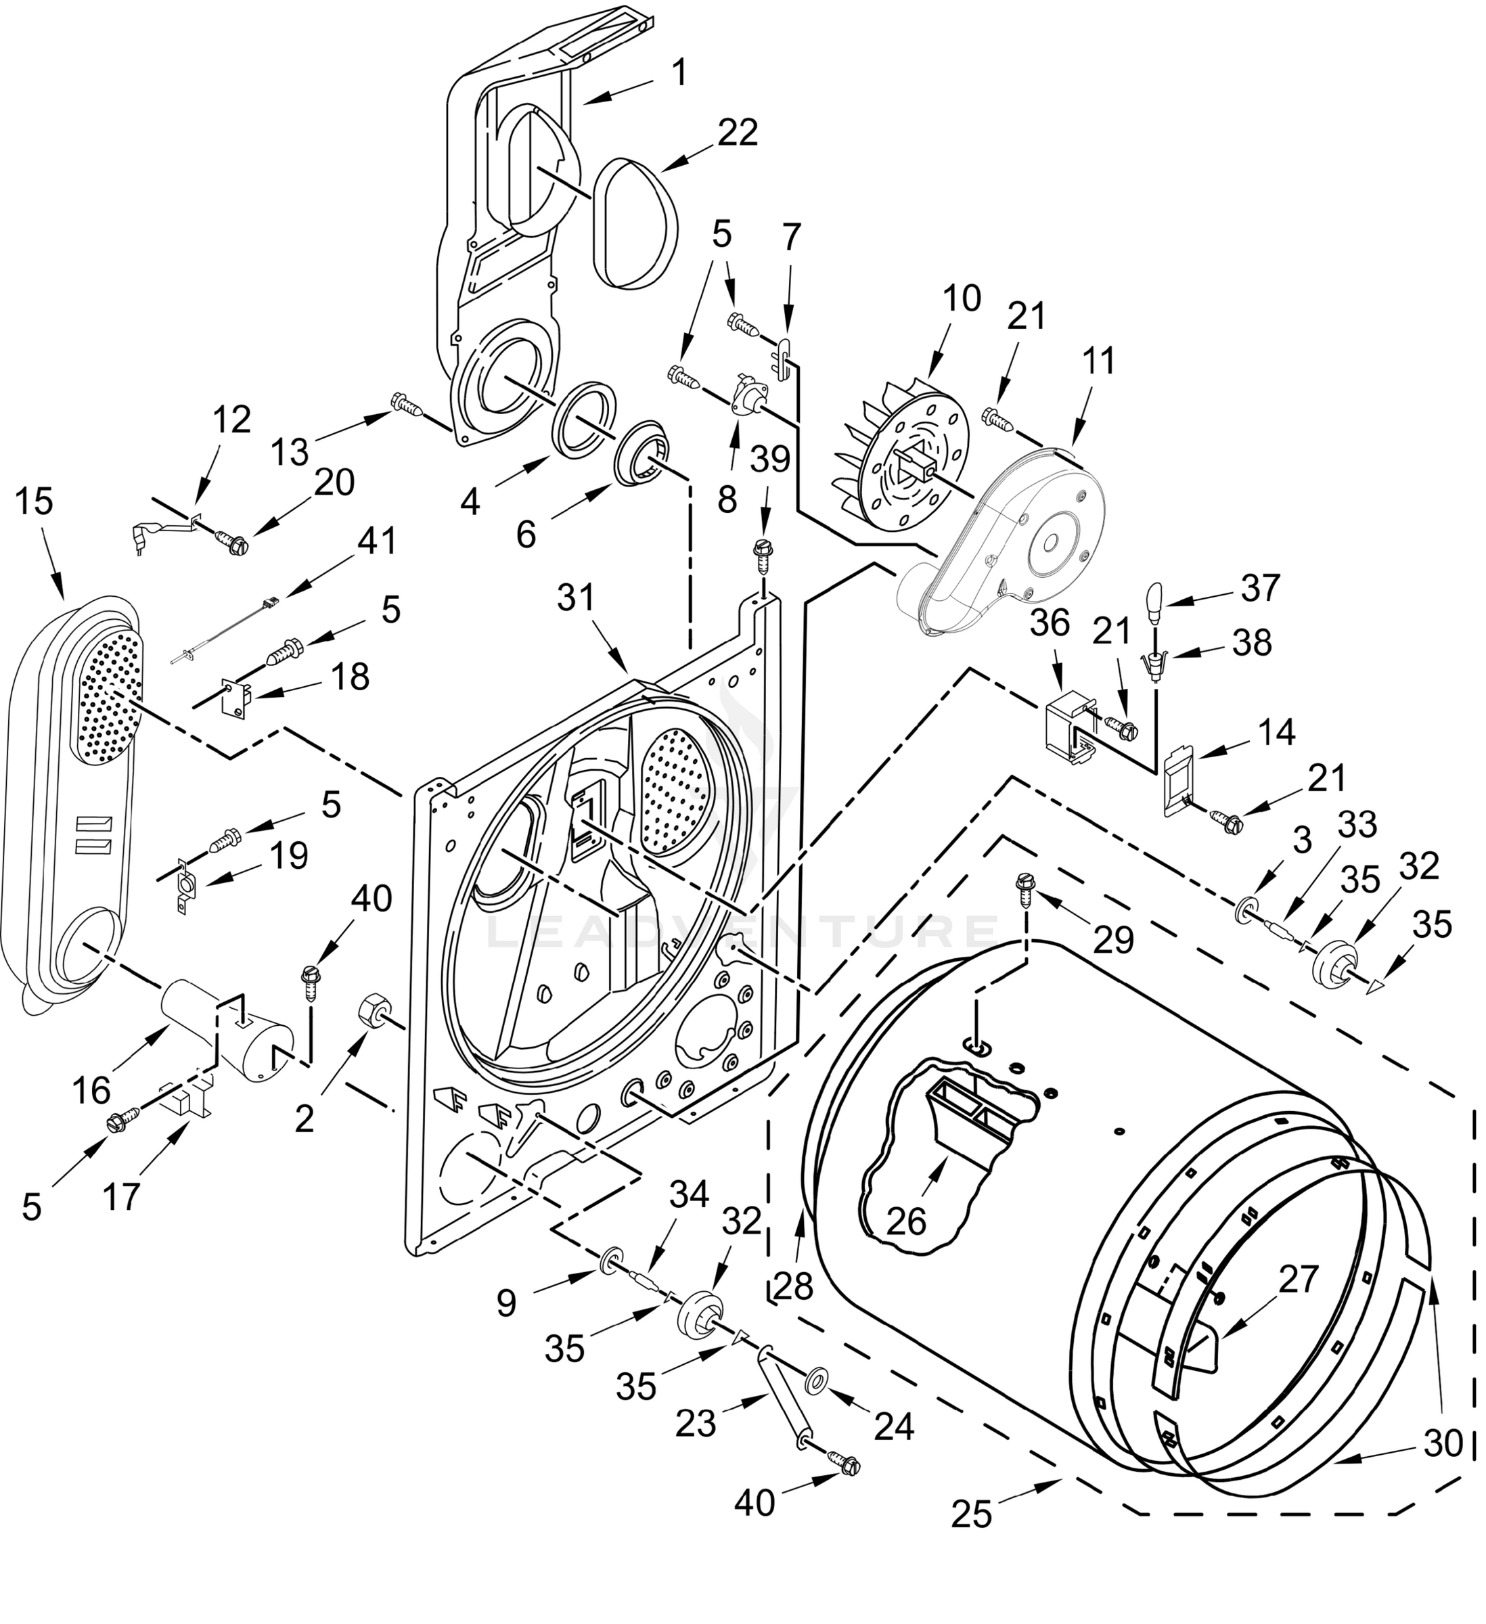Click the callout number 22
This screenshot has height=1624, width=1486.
click(738, 133)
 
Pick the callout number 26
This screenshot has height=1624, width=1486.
click(906, 1223)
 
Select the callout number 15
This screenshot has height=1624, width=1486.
click(34, 502)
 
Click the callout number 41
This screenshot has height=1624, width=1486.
click(376, 541)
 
